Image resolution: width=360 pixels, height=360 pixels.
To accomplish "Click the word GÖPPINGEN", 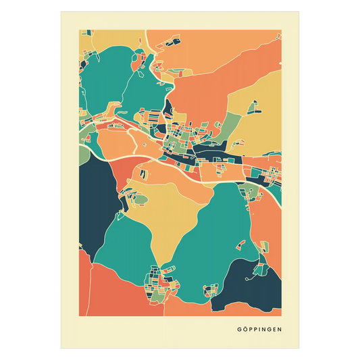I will coord(259,330).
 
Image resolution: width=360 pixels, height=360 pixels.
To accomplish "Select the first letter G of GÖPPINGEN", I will coord(238,330).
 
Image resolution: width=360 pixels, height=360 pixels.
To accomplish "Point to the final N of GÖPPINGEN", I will coord(280,330).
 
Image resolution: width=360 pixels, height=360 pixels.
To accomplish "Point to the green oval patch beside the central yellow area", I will coord(140,200).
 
